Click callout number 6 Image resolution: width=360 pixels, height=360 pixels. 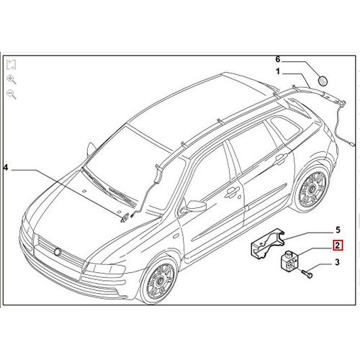click(x=278, y=59)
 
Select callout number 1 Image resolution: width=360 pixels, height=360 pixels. click(x=278, y=71)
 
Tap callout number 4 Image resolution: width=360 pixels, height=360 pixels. click(x=6, y=168)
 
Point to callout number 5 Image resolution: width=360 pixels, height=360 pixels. click(x=338, y=230)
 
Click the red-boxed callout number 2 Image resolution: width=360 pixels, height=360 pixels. click(x=338, y=246)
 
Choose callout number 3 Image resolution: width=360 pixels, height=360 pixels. click(x=337, y=262)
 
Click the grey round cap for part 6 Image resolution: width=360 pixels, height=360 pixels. click(x=323, y=81)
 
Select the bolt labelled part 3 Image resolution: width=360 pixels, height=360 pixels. click(x=307, y=274)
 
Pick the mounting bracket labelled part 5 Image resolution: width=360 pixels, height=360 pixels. click(x=267, y=243)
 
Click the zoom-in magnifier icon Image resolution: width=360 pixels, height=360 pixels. click(x=12, y=79)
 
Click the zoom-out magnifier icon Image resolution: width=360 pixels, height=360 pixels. click(x=12, y=94)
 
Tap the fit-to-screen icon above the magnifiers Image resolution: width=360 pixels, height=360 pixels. click(x=11, y=65)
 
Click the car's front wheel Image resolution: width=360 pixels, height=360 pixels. click(x=159, y=280)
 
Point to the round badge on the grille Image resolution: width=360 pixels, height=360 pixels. click(x=58, y=251)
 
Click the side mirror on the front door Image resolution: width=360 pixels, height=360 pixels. click(x=195, y=207)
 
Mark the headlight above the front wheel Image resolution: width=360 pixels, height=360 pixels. click(x=104, y=269)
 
